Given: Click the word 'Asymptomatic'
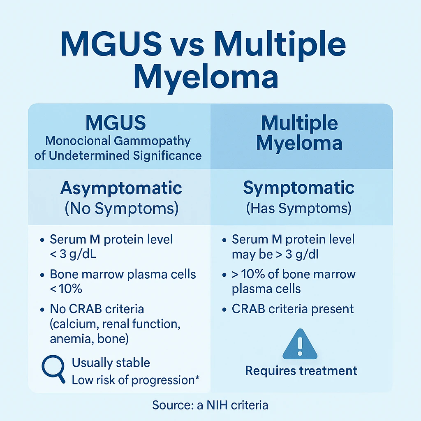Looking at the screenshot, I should (121, 188).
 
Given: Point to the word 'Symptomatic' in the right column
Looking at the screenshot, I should (299, 188).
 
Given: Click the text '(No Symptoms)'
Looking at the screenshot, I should (121, 208).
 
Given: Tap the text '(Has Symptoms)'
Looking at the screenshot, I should (299, 208).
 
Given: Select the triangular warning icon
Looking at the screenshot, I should (300, 344).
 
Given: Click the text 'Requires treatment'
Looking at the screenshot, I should (301, 371).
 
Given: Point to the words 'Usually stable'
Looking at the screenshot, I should (111, 363).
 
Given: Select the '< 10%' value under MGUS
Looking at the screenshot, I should (66, 289).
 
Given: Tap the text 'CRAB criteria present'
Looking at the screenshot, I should (293, 308).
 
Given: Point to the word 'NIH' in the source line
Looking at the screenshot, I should (208, 405).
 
